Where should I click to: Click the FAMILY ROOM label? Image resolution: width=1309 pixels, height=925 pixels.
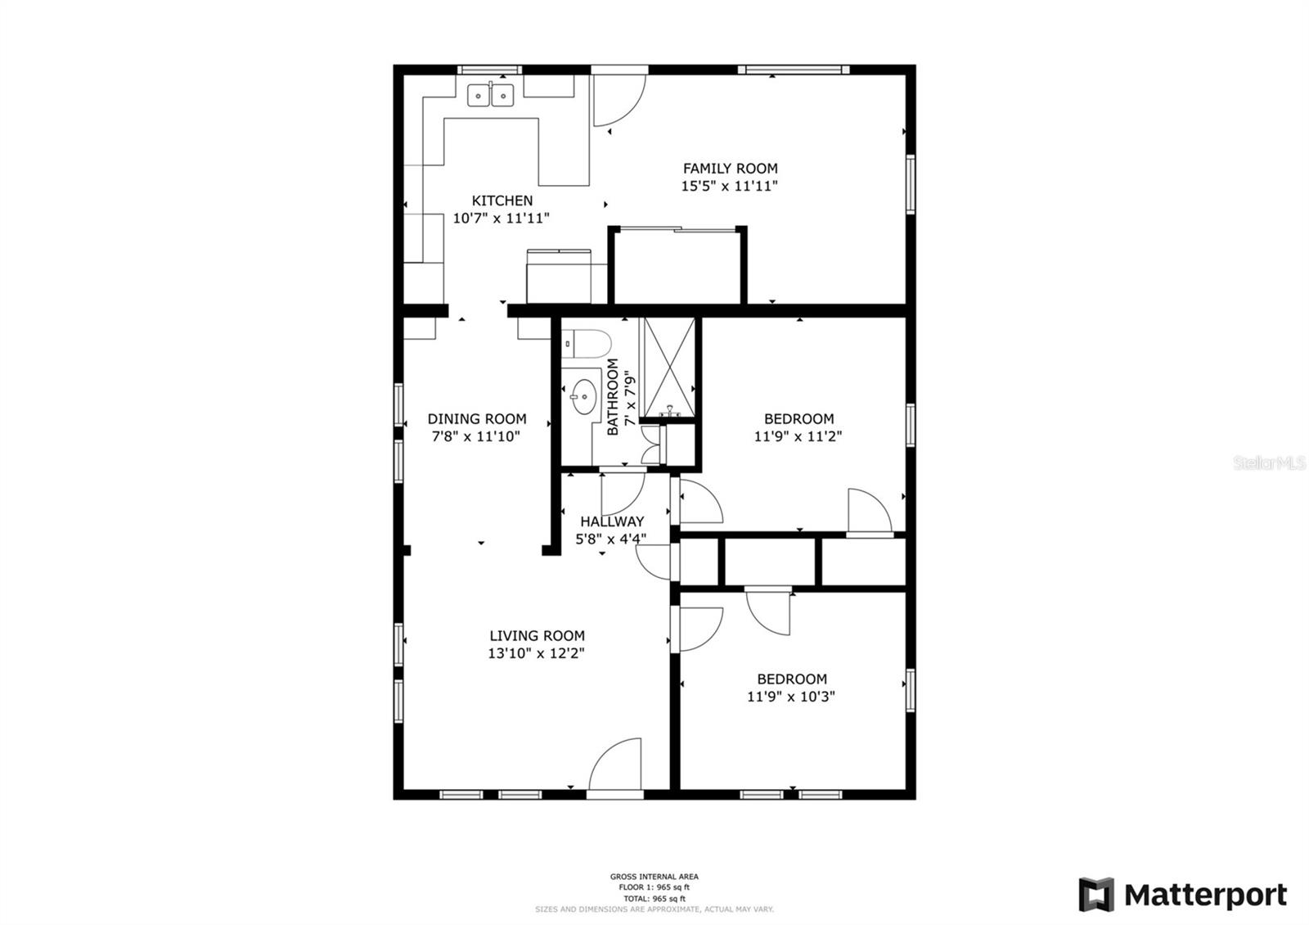(730, 169)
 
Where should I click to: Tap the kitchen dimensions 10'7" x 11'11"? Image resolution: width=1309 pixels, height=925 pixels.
(501, 219)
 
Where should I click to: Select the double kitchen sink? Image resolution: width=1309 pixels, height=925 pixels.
(490, 96)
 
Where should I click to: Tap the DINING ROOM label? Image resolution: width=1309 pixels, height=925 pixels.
(477, 419)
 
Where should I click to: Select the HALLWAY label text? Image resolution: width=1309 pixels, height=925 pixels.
(612, 521)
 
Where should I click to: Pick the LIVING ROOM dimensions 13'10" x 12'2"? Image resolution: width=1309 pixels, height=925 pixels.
(536, 653)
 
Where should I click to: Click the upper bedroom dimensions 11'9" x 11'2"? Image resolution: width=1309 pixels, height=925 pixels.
(798, 437)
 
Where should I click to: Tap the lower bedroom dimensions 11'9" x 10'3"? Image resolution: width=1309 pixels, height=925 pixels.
(790, 697)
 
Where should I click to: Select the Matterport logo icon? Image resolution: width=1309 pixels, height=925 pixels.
(1096, 894)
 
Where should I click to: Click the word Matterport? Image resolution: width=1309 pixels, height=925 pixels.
(1205, 895)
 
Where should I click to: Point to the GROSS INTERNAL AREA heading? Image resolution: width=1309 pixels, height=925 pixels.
(654, 877)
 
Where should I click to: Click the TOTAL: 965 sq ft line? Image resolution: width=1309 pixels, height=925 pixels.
(654, 899)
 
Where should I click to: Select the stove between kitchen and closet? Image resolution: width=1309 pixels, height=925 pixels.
(558, 277)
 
